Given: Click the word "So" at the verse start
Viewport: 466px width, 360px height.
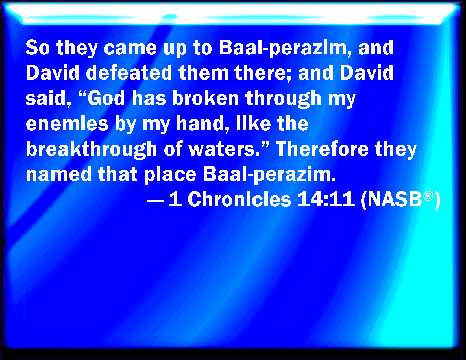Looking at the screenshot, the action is [38, 47].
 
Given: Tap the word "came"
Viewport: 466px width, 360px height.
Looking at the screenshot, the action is [130, 48].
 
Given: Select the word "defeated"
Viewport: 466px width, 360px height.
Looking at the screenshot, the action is [129, 73].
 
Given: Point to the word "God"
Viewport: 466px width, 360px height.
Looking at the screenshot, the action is [106, 98].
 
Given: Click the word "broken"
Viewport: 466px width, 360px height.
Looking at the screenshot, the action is [206, 98].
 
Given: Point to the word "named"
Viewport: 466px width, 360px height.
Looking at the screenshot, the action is [59, 174].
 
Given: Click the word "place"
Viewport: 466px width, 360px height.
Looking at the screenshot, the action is [170, 175].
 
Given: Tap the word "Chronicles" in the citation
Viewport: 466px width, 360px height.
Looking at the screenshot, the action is [239, 199].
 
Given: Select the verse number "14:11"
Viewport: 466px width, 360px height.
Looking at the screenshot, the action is [326, 199].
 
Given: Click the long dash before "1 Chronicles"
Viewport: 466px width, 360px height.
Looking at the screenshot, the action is [156, 201].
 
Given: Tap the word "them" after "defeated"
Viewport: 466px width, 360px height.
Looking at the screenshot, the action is [204, 73].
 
